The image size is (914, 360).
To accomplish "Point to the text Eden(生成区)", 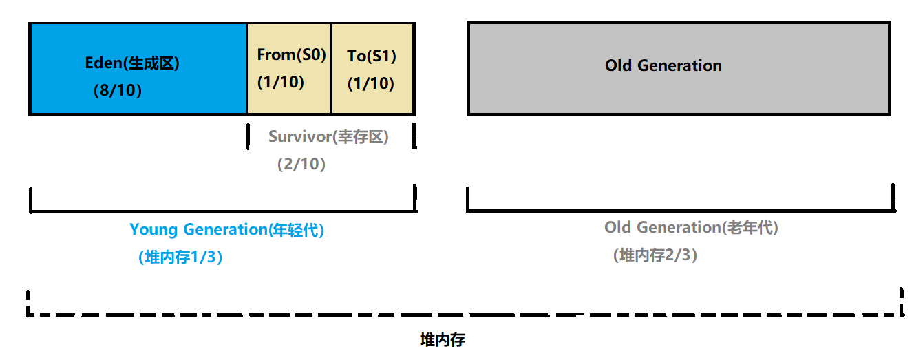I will [132, 63].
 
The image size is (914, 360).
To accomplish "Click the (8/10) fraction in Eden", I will [118, 90].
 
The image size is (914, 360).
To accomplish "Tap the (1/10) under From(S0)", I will [280, 82].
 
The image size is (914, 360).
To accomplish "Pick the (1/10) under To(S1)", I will [370, 83].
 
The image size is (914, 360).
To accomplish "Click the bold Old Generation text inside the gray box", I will [663, 66].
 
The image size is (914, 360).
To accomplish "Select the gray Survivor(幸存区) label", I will [328, 136].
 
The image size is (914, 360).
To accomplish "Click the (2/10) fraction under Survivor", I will [301, 165].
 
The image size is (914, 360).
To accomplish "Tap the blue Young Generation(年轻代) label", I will [226, 230].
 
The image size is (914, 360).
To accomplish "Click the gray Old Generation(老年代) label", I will [691, 227].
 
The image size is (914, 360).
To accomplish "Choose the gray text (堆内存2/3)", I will [655, 255].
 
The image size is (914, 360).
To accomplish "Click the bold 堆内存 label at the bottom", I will [443, 340].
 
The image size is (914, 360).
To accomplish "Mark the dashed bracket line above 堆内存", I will [465, 314].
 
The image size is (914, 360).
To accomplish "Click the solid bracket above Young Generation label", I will [222, 211].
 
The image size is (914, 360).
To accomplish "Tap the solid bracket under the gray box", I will [680, 209].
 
